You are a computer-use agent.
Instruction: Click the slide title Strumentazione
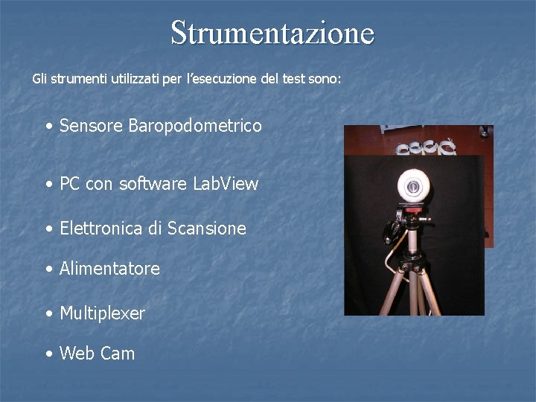coord(272,32)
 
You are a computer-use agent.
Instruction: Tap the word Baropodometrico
coord(195,126)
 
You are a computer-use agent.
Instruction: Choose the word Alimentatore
coord(109,269)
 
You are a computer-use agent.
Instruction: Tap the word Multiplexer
coord(102,313)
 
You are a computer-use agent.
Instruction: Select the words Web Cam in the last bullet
coord(97,354)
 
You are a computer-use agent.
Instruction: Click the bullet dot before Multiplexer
coord(48,314)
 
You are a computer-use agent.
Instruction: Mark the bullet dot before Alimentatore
coord(48,269)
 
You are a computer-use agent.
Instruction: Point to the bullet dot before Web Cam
coord(48,354)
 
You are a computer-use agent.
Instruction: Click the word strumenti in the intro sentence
coord(68,78)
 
